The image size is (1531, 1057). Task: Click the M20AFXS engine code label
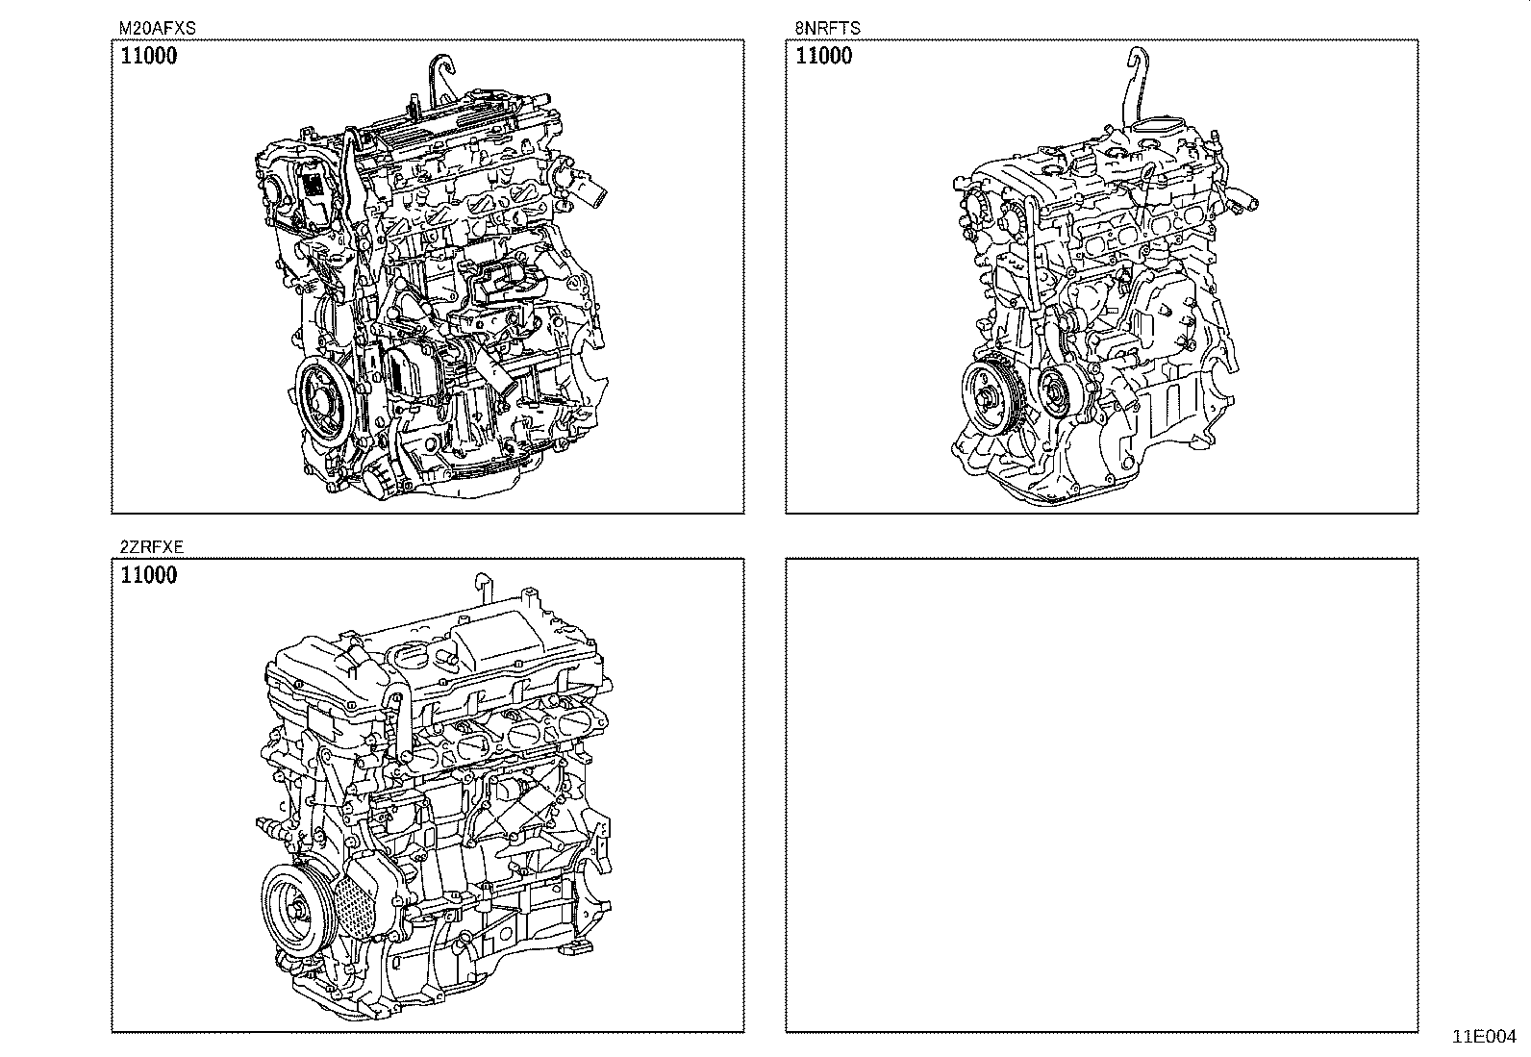pyautogui.click(x=157, y=29)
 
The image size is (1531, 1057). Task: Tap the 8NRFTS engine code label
pyautogui.click(x=827, y=29)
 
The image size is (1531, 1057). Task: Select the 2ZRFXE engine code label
pyautogui.click(x=152, y=547)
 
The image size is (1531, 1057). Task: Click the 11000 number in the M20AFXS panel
pyautogui.click(x=149, y=56)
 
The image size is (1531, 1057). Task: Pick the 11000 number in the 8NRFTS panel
pyautogui.click(x=824, y=56)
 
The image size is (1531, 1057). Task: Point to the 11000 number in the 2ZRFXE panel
pyautogui.click(x=149, y=576)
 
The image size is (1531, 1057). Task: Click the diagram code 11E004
pyautogui.click(x=1483, y=1037)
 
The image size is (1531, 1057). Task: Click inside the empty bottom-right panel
pyautogui.click(x=1101, y=794)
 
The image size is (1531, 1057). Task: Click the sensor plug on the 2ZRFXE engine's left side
pyautogui.click(x=268, y=825)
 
